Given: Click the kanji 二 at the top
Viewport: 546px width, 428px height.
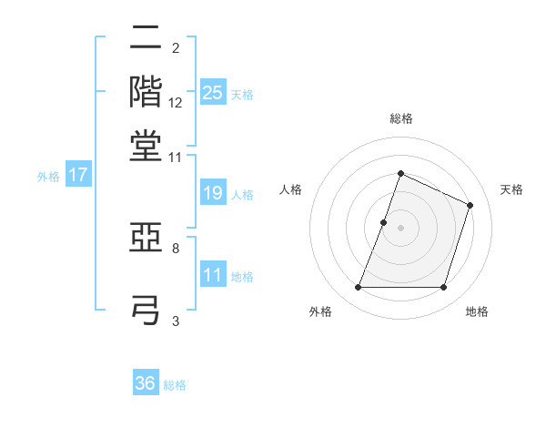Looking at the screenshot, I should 146,39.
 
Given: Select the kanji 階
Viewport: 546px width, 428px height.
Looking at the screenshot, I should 146,91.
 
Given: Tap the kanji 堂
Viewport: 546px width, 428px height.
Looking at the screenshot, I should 146,145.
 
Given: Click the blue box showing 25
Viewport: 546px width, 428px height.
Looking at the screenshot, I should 212,92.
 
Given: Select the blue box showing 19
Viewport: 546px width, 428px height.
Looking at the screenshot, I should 212,193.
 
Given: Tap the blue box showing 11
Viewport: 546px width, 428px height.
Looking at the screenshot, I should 212,274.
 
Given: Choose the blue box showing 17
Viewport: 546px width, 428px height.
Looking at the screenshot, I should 78,175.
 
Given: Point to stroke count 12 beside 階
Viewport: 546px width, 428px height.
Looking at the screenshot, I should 176,103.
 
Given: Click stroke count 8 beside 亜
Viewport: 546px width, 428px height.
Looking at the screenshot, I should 176,248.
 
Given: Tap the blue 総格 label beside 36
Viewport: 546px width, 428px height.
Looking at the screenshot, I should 175,385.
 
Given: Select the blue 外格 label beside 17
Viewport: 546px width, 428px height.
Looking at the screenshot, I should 48,177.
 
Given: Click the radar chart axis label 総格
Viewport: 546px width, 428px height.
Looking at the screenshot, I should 400,118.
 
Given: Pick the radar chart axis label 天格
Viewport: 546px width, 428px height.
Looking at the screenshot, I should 511,189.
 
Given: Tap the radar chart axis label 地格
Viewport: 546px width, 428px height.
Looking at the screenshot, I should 477,311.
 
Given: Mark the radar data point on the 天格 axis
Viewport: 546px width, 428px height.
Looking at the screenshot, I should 470,205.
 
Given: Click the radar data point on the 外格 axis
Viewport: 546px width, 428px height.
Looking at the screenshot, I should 358,288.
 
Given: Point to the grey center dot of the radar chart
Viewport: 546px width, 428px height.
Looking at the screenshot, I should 400,228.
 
